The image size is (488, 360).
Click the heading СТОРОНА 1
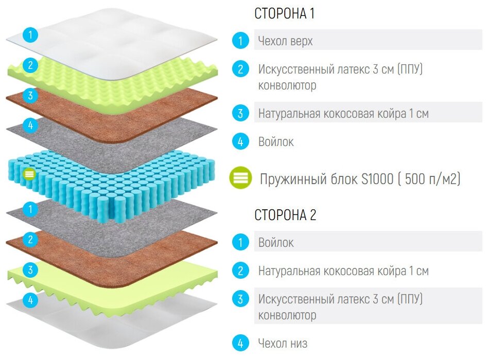pos(284,14)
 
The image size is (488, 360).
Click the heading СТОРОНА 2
pos(285,215)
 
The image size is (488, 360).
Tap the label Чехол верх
pos(285,41)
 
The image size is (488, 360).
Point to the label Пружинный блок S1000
pos(360,179)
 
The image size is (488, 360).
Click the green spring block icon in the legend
pos(240,178)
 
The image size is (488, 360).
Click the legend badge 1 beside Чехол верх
pos(240,41)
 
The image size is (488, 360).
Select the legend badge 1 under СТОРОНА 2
pos(240,242)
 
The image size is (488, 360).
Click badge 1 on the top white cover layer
pos(31,35)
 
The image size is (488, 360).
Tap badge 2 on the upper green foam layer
pos(31,65)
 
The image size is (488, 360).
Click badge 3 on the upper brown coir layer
pos(31,95)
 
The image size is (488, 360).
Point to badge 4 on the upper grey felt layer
pos(31,125)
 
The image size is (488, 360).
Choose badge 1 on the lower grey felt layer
pos(31,209)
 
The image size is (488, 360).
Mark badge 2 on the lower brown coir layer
pos(31,239)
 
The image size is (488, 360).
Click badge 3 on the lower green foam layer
pos(31,269)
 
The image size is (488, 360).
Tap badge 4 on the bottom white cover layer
pos(31,300)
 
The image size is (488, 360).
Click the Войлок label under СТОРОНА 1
pos(276,141)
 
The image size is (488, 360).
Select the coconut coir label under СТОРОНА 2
pos(343,271)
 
